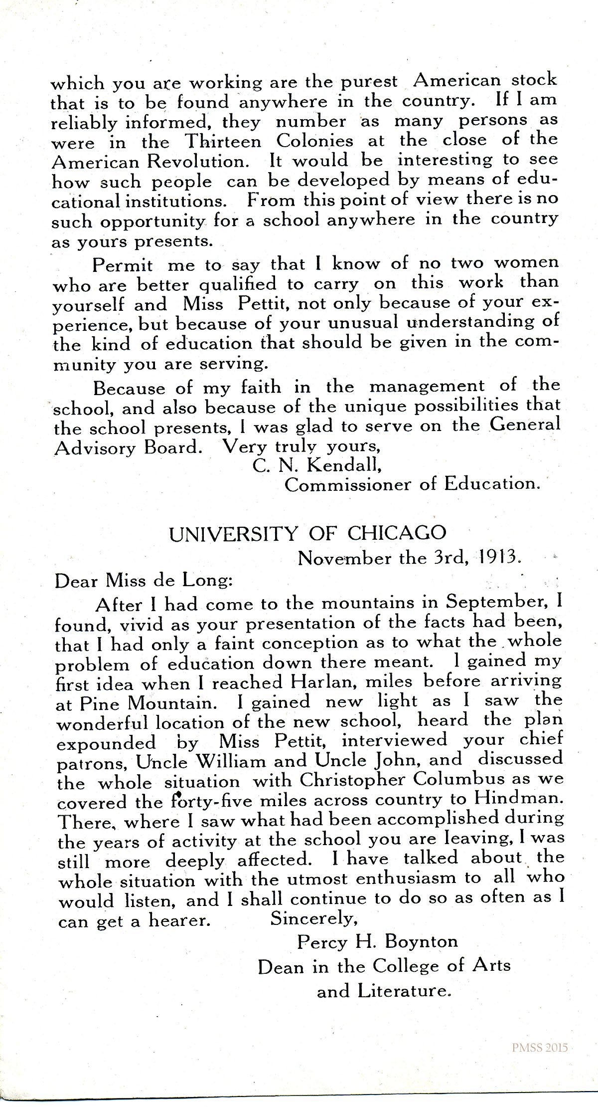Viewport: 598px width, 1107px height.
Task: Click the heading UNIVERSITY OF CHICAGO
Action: (x=307, y=534)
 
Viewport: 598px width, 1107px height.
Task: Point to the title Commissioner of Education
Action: (x=412, y=484)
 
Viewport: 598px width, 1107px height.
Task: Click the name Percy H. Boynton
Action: (x=377, y=942)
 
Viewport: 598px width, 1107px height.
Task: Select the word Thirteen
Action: (x=224, y=141)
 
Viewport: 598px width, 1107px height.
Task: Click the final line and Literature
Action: (x=384, y=990)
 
